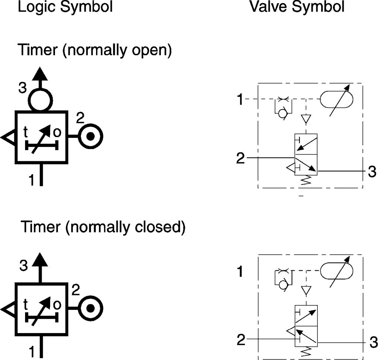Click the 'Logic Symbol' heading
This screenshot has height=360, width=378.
point(65,7)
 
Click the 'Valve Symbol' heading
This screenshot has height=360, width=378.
point(297,7)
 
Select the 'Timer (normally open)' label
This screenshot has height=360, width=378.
point(95,50)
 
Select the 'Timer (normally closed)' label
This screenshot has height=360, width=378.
point(103,227)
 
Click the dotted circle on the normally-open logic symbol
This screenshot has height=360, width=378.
point(90,136)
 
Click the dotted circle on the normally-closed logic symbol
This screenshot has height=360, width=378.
point(90,308)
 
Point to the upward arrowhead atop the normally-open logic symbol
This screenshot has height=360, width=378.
point(40,74)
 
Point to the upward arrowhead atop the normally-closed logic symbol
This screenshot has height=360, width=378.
point(40,260)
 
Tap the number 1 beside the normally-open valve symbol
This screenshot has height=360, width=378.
point(240,99)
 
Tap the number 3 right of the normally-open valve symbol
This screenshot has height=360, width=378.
point(372,172)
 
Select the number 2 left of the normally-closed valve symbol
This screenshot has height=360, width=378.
point(241,339)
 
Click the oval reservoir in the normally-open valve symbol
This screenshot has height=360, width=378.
point(336,99)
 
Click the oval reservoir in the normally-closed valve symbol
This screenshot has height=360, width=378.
point(336,271)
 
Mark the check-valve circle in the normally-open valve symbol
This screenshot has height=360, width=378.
point(282,114)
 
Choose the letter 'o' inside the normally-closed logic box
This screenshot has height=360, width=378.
point(57,305)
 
